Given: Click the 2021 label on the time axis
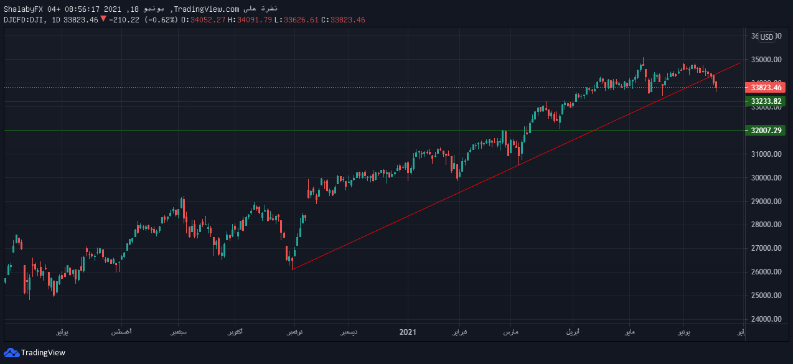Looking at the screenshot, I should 407,332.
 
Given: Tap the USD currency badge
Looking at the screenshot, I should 767,37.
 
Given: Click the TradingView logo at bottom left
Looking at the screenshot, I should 35,353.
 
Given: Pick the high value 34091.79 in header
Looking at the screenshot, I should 256,19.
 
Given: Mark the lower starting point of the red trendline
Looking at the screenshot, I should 292,269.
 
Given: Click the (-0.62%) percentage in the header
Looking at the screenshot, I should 161,19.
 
